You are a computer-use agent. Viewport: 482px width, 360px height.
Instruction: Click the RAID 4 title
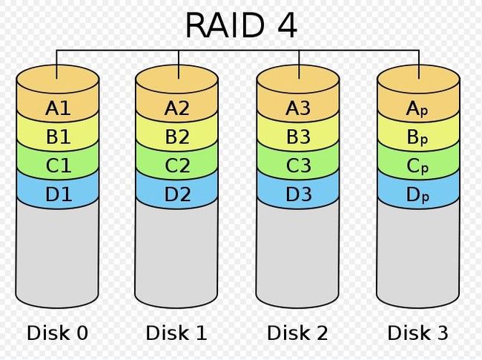point(241,25)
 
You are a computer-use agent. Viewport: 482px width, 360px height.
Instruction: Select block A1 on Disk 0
point(58,108)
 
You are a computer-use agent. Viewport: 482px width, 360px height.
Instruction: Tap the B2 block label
point(177,137)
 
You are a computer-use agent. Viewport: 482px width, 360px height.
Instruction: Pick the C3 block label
point(299,166)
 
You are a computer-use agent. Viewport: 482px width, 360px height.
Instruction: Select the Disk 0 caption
point(57,333)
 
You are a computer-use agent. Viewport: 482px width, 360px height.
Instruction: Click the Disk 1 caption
point(176,333)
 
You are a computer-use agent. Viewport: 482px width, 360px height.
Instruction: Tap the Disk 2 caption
point(297,333)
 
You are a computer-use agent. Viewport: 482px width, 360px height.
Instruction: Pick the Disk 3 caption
point(417,333)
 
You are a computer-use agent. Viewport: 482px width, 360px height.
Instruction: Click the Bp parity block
point(417,137)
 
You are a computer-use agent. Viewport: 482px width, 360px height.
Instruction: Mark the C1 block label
point(59,166)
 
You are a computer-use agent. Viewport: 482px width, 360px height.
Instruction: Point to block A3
point(298,108)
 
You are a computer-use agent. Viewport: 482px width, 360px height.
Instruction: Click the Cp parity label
point(417,166)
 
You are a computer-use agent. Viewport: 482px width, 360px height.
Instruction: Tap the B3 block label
point(299,137)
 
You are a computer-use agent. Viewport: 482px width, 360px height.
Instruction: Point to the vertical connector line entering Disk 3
point(419,65)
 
